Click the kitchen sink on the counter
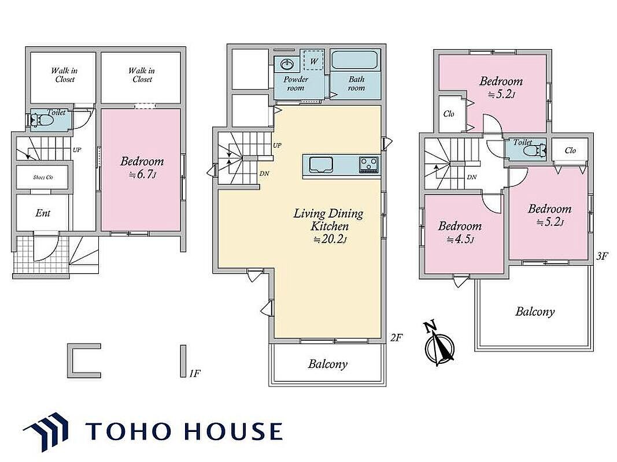(321, 165)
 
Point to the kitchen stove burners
(369, 164)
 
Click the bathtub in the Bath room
(354, 60)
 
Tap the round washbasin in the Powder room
(287, 64)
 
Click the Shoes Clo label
(43, 177)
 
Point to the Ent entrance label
(43, 213)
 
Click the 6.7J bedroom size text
(143, 174)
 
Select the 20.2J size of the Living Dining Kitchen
(330, 239)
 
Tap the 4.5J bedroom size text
(460, 239)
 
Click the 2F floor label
(396, 337)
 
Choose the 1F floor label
(195, 373)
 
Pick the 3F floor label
(603, 256)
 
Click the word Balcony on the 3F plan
(535, 311)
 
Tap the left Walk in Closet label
(65, 74)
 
